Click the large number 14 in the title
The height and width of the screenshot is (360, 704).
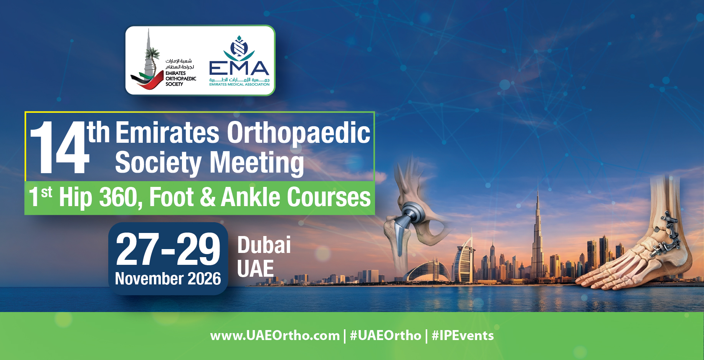[59, 147]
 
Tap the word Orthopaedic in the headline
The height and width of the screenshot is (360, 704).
[299, 133]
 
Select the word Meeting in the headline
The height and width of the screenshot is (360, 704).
[257, 163]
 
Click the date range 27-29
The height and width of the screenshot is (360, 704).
[168, 249]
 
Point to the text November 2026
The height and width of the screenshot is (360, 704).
[168, 279]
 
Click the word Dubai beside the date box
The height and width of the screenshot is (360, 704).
[264, 245]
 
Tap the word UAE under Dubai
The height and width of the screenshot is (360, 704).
[256, 269]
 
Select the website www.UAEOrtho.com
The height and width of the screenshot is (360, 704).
[275, 336]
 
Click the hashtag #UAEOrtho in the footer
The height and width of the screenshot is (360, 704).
[385, 336]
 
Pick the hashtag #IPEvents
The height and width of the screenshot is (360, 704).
[463, 336]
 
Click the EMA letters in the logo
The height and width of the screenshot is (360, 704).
[239, 68]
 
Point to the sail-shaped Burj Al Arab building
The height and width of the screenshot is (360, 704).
[464, 259]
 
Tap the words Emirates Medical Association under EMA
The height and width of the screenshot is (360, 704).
[239, 84]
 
